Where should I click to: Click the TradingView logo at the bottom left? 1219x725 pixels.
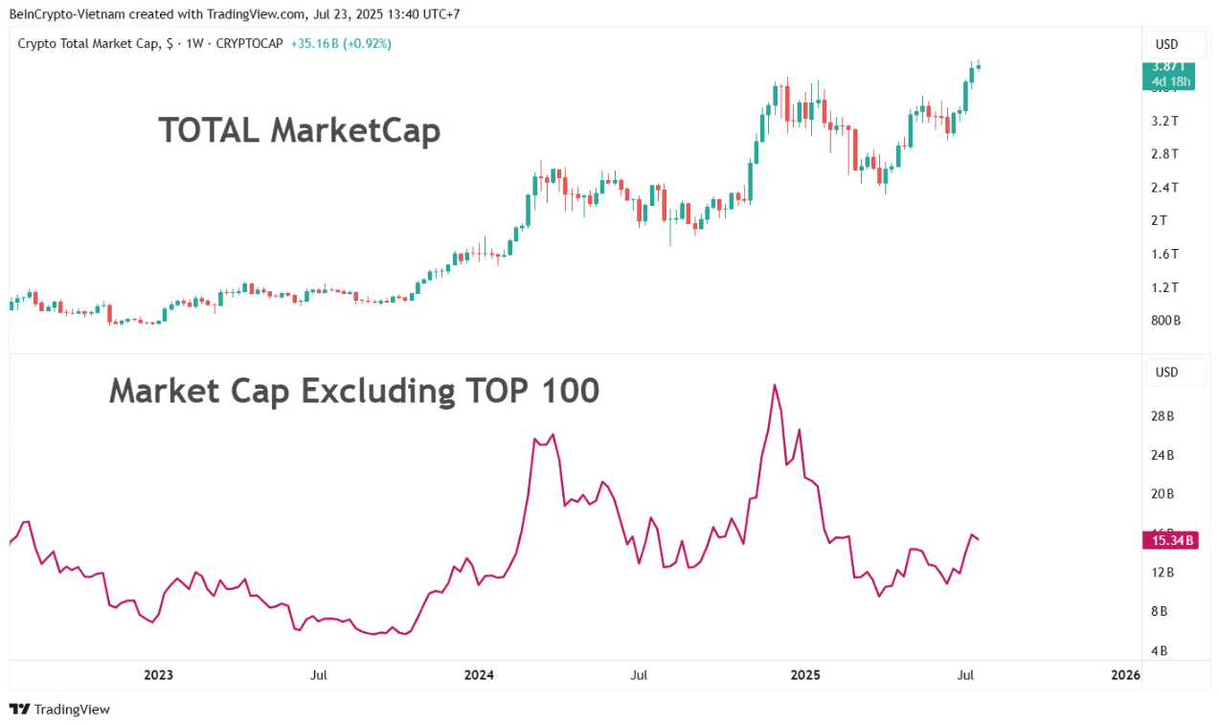point(59,710)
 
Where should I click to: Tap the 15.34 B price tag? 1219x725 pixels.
point(1168,540)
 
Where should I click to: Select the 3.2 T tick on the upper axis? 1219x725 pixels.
point(1164,121)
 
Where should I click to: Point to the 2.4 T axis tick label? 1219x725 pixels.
point(1164,187)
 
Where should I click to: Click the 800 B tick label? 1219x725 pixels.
point(1165,320)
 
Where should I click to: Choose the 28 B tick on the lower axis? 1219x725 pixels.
point(1163,416)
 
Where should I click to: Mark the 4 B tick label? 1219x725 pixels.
point(1159,651)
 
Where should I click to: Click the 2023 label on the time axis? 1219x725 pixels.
point(158,675)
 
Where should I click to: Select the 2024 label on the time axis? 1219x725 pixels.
point(478,675)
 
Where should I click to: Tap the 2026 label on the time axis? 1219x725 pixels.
point(1126,675)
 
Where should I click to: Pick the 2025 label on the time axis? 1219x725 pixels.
point(805,675)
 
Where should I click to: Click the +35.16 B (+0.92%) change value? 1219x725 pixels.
point(341,43)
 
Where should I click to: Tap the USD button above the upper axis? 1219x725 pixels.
point(1166,44)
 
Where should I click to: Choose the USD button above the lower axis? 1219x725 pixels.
point(1166,372)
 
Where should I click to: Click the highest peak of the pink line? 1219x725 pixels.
point(774,385)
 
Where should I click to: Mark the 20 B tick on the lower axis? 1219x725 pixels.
point(1163,494)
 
